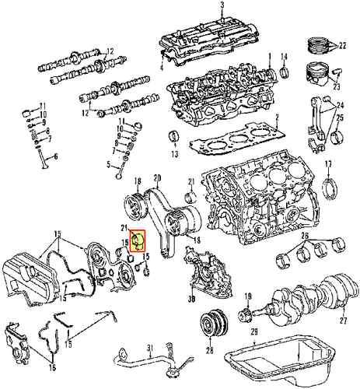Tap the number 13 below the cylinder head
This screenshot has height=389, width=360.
tap(174, 154)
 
